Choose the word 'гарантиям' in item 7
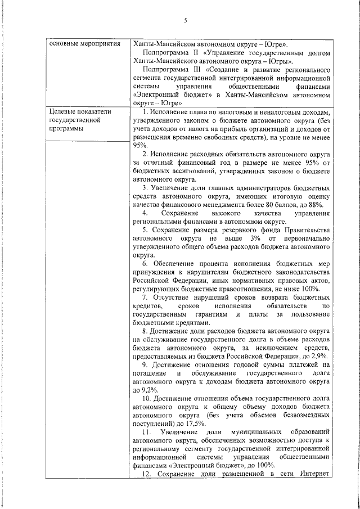[211, 313]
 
